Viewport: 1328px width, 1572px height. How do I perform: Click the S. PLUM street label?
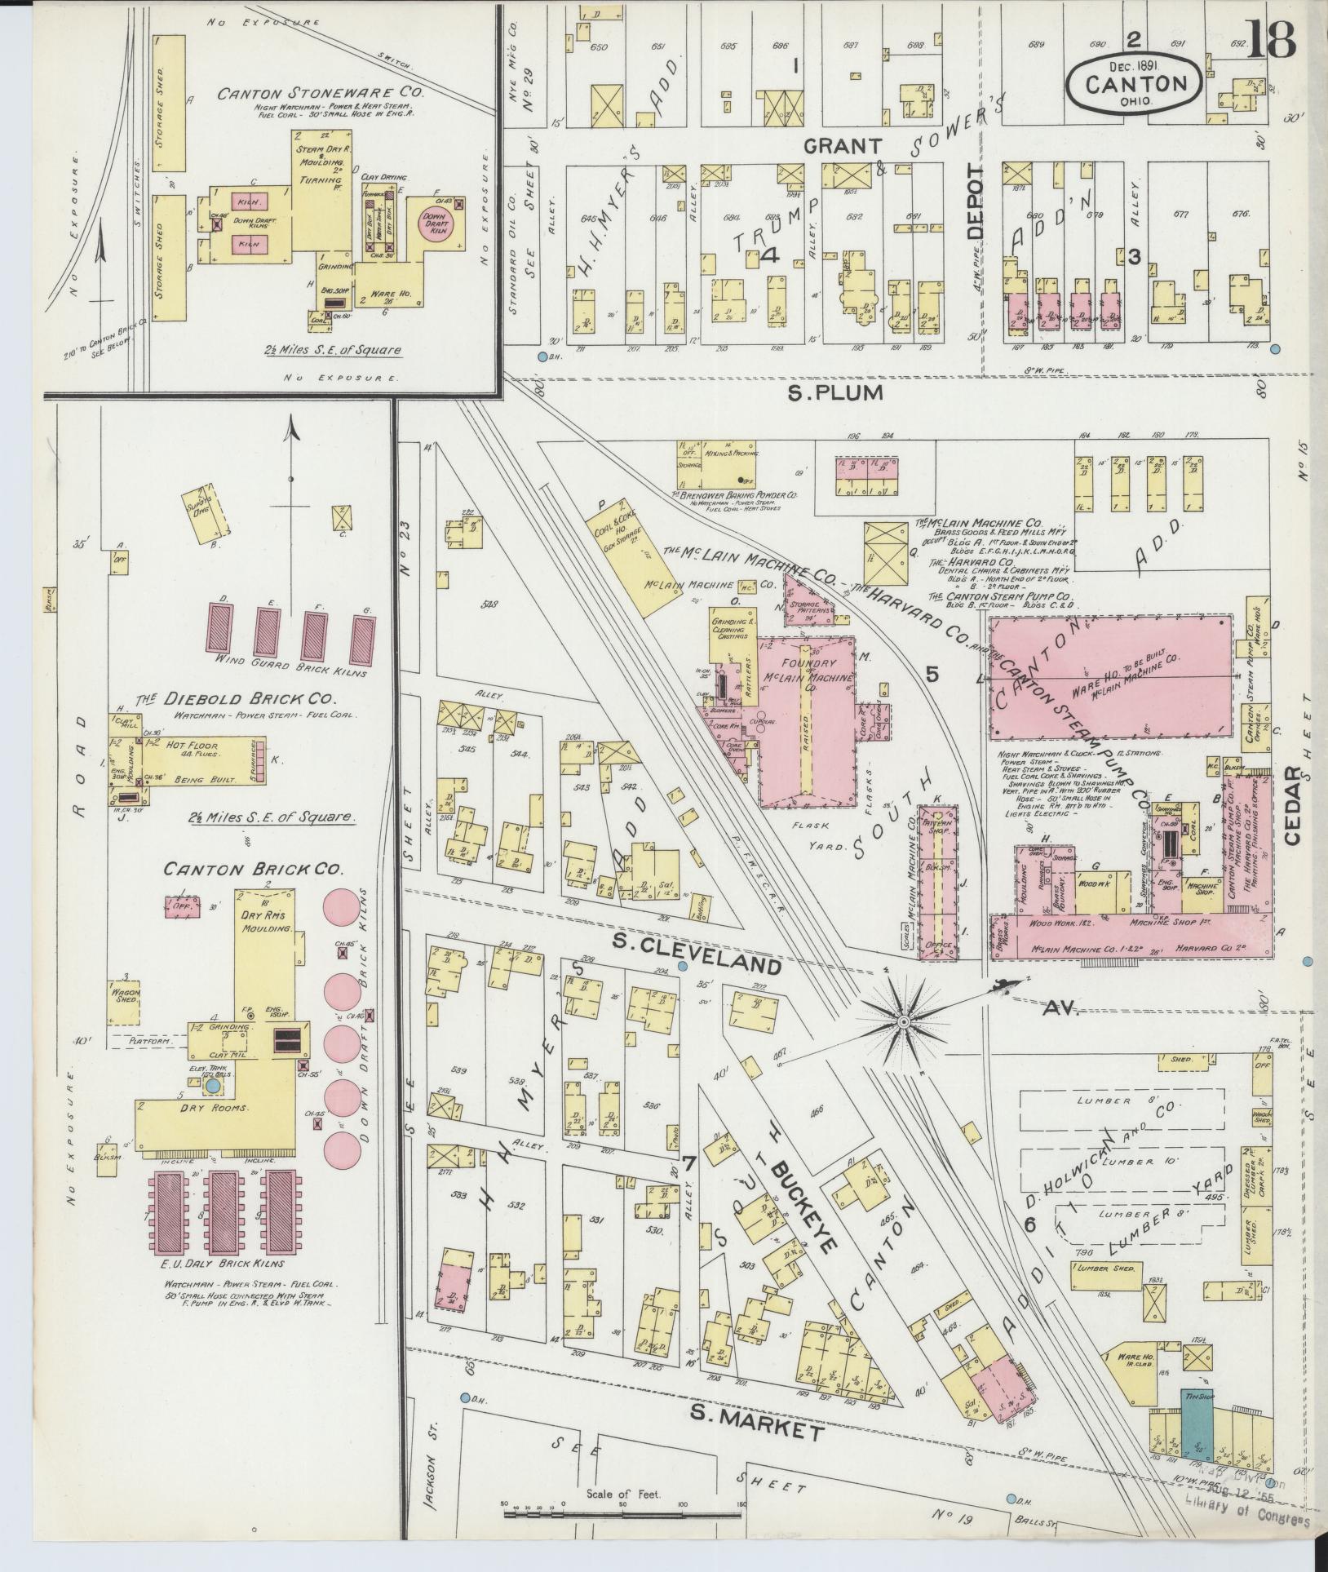pyautogui.click(x=835, y=393)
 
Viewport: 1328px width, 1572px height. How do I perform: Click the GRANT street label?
pyautogui.click(x=843, y=146)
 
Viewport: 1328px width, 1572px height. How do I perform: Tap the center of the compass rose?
pyautogui.click(x=904, y=1021)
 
